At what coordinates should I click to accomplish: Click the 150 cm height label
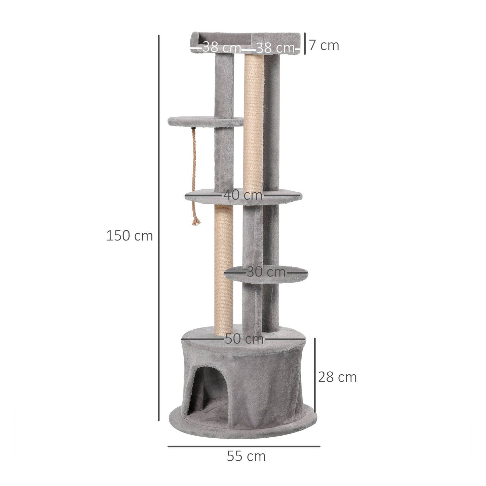point(129,236)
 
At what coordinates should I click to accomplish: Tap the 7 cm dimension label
point(324,45)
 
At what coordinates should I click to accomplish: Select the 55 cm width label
point(246,456)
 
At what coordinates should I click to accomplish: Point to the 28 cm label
point(337,377)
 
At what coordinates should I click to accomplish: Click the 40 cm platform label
point(243,195)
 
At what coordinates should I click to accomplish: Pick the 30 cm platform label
point(266,272)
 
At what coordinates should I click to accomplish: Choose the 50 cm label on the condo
point(244,339)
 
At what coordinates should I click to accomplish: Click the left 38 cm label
point(221,47)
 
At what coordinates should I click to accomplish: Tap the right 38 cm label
point(275,48)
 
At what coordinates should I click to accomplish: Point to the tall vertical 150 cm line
point(158,229)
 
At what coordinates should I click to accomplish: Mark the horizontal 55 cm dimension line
point(244,447)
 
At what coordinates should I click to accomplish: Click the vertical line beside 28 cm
point(315,375)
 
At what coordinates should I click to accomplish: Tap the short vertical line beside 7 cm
point(304,43)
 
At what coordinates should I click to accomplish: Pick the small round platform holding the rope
point(205,122)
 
